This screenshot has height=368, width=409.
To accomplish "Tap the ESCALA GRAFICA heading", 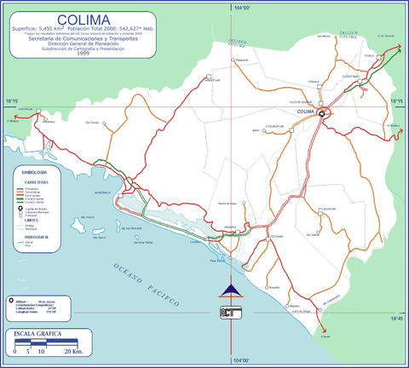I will click(x=39, y=336).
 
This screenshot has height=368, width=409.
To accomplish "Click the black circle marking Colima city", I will click(x=322, y=112).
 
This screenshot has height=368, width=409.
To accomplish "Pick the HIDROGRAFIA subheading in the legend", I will click(x=34, y=238).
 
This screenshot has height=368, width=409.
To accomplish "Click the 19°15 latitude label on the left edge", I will click(x=11, y=102).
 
